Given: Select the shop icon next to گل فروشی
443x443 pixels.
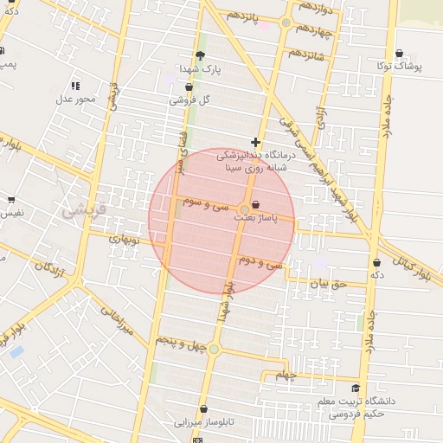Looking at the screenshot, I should pyautogui.click(x=189, y=87).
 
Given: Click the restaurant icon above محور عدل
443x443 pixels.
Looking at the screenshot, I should pyautogui.click(x=75, y=86).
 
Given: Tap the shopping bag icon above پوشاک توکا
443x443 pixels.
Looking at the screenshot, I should pyautogui.click(x=399, y=53).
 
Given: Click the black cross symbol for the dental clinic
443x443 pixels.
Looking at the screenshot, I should pyautogui.click(x=255, y=142).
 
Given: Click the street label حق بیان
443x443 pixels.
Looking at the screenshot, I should pyautogui.click(x=328, y=282).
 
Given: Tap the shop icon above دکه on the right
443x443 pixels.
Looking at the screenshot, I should pyautogui.click(x=376, y=262).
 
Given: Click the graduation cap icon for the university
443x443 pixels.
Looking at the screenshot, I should pyautogui.click(x=355, y=388).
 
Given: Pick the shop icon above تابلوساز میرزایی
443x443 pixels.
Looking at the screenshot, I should pyautogui.click(x=203, y=409).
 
